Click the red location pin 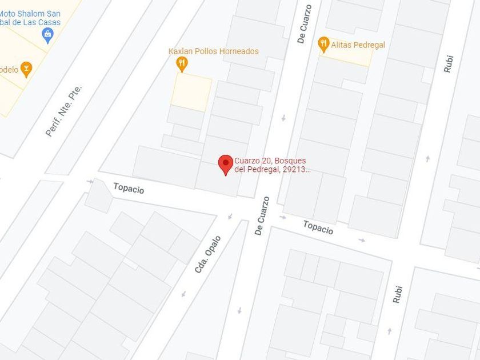226,164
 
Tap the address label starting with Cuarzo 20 272,165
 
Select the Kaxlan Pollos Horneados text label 213,51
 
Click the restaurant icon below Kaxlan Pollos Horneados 182,63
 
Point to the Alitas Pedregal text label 358,45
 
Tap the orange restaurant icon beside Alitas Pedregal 323,44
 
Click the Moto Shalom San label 30,14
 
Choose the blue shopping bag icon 48,35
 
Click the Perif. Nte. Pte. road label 64,111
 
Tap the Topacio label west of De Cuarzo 129,189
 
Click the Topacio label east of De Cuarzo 318,227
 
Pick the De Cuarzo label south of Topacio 262,216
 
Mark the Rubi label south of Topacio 398,294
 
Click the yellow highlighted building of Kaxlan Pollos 191,91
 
